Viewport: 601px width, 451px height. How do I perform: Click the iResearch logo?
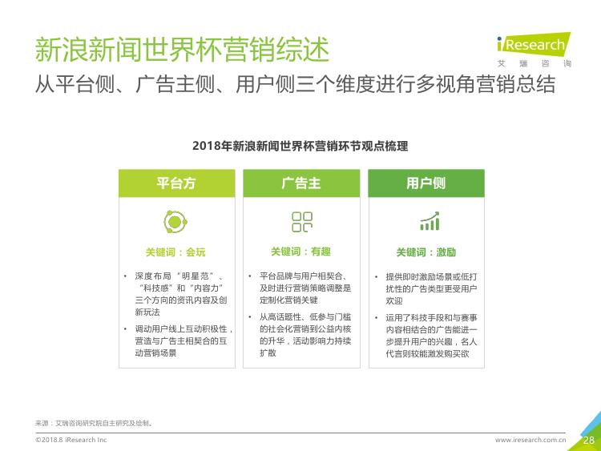pyautogui.click(x=534, y=50)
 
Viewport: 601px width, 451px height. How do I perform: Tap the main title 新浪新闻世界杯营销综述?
pyautogui.click(x=182, y=50)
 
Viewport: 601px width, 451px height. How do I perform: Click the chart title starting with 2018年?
pyautogui.click(x=300, y=146)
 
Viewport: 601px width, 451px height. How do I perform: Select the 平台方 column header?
pyautogui.click(x=177, y=183)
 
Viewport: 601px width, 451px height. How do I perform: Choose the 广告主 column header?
pyautogui.click(x=301, y=183)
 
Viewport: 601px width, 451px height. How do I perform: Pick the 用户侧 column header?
pyautogui.click(x=426, y=183)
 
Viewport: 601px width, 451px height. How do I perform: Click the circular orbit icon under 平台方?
pyautogui.click(x=175, y=222)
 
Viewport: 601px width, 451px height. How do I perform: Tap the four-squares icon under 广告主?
pyautogui.click(x=302, y=222)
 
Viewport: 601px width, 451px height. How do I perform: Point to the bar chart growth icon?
pyautogui.click(x=430, y=221)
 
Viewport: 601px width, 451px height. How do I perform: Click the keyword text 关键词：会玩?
pyautogui.click(x=175, y=252)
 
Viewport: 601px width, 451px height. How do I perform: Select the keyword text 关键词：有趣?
pyautogui.click(x=300, y=252)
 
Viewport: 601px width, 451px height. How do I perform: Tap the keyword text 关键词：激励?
pyautogui.click(x=426, y=252)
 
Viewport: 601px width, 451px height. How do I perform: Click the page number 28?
pyautogui.click(x=589, y=440)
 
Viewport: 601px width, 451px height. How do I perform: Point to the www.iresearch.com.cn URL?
pyautogui.click(x=530, y=440)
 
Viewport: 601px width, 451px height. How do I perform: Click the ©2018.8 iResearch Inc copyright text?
pyautogui.click(x=71, y=440)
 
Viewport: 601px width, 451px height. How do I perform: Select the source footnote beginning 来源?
pyautogui.click(x=95, y=423)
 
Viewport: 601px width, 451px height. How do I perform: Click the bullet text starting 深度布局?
pyautogui.click(x=180, y=294)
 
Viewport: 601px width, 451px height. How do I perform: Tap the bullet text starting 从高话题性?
pyautogui.click(x=305, y=335)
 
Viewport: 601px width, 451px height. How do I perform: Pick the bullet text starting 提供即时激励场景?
pyautogui.click(x=432, y=288)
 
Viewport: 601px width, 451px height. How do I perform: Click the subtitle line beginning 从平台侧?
pyautogui.click(x=295, y=84)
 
